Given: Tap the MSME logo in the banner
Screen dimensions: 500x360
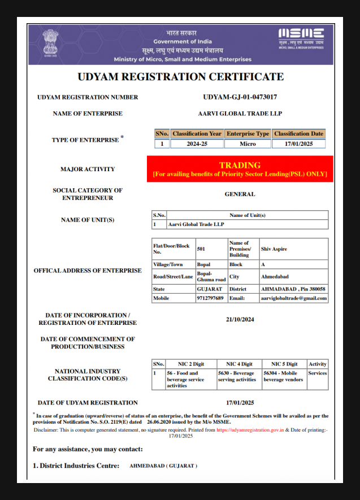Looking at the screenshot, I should tap(301, 38).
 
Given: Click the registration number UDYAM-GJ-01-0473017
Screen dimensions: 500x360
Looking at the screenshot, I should tap(240, 97).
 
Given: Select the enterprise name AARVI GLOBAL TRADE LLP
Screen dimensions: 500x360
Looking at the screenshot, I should tap(240, 114).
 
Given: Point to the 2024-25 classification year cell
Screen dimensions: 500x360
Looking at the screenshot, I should tap(197, 144).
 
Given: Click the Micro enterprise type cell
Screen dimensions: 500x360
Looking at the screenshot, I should tap(248, 144).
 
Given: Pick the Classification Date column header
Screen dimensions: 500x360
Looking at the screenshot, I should tap(298, 134).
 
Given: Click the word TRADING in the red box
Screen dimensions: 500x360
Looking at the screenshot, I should tap(240, 165).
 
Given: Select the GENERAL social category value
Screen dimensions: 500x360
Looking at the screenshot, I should tap(240, 194).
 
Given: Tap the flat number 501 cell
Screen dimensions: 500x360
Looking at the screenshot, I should tap(202, 248).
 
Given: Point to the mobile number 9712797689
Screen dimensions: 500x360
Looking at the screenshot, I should tap(210, 298).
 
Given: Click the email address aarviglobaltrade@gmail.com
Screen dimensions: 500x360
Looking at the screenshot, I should tap(294, 298).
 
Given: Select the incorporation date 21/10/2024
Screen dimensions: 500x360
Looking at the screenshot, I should tap(240, 319).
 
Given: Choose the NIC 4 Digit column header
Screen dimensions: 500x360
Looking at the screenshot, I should tap(239, 364).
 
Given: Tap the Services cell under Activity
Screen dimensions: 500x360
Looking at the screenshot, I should tap(317, 373).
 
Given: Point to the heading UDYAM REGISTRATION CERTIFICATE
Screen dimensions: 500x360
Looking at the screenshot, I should tap(180, 77).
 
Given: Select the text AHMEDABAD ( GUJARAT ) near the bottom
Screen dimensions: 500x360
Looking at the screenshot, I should tap(163, 466).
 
